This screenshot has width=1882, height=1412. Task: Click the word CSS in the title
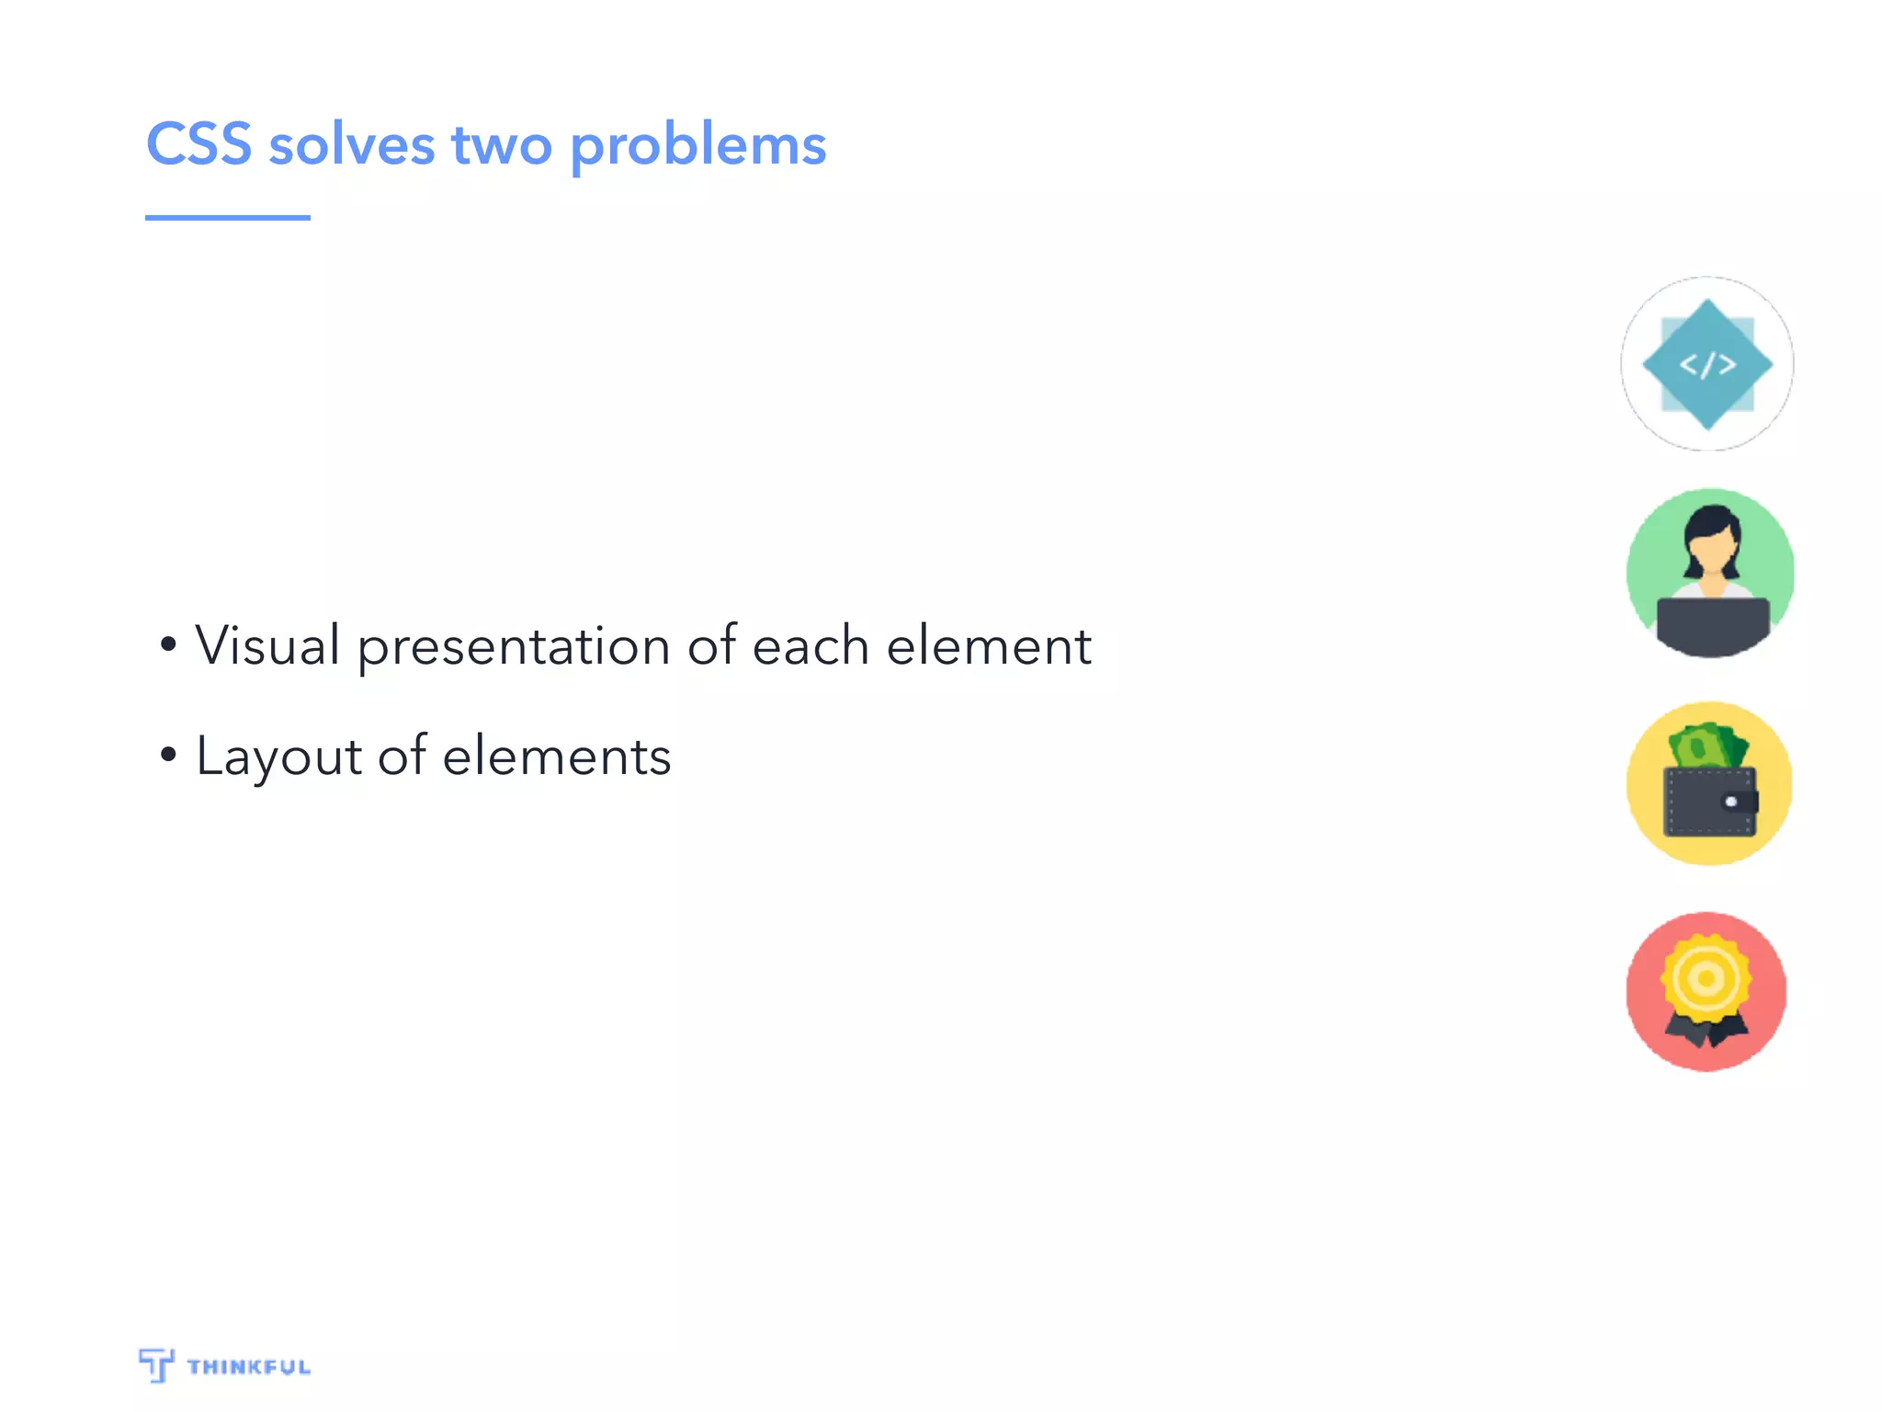click(x=198, y=145)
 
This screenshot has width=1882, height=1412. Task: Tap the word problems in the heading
click(x=697, y=147)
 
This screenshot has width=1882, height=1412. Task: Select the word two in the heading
click(x=502, y=147)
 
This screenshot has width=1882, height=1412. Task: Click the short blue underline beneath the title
click(x=227, y=218)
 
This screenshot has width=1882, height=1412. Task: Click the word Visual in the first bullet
click(x=267, y=644)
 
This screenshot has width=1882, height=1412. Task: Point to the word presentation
click(x=513, y=648)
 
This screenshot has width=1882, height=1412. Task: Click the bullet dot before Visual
click(x=167, y=644)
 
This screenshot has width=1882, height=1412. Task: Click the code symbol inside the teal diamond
click(x=1707, y=365)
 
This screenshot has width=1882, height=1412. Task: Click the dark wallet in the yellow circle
click(x=1708, y=802)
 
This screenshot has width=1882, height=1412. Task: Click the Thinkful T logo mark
click(x=156, y=1364)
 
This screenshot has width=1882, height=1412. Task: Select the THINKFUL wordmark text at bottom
click(x=248, y=1367)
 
